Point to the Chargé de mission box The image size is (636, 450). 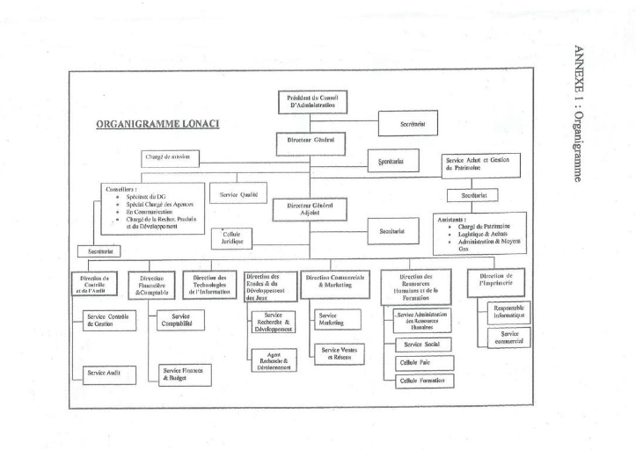tap(172, 158)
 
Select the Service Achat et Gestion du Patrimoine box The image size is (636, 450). tap(481, 164)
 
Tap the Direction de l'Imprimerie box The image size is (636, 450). tap(495, 279)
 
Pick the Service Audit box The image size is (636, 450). tap(106, 374)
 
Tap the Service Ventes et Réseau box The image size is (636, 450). tap(338, 354)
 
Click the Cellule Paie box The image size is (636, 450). tap(423, 363)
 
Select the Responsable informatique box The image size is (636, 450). tap(509, 312)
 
